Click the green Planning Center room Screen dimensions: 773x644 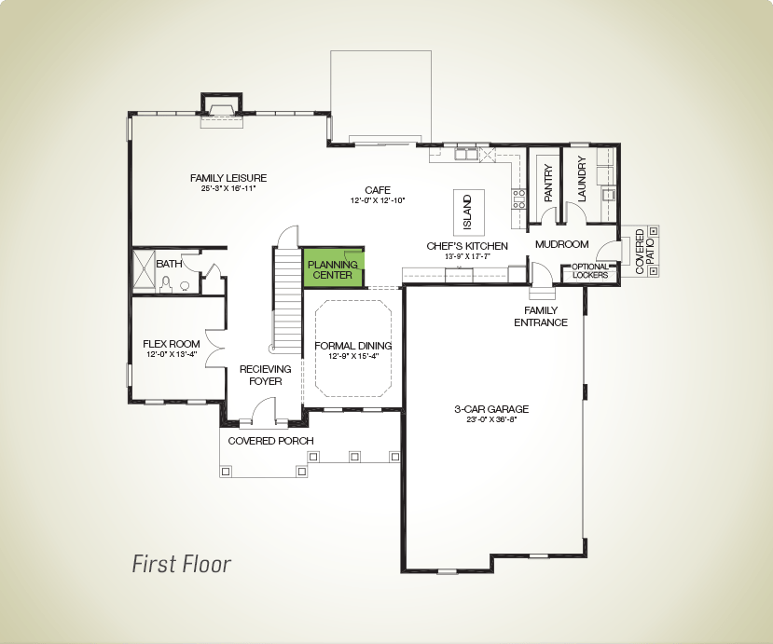(334, 268)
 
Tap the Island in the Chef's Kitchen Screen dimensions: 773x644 (469, 212)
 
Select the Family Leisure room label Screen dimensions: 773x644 (228, 178)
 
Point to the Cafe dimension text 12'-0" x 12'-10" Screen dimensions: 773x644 (378, 200)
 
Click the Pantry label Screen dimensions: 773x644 (548, 183)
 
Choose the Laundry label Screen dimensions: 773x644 (582, 179)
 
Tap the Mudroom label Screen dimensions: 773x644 (562, 244)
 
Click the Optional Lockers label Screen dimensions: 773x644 (590, 271)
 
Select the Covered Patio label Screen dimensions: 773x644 (644, 252)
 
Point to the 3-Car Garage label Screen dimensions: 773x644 (491, 409)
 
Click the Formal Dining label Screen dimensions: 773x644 (353, 346)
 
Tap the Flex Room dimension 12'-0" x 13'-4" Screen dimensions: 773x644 (172, 354)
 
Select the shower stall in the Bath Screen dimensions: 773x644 (145, 272)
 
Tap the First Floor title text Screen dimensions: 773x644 (182, 564)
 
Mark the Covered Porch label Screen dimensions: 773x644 (270, 441)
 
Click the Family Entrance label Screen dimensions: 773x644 (541, 316)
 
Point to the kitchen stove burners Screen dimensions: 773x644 (518, 199)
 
